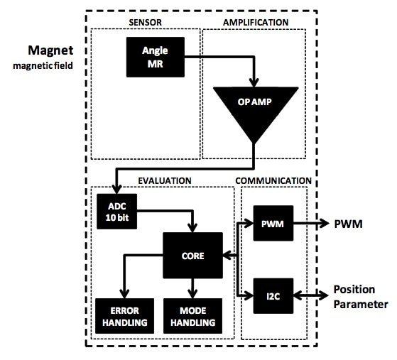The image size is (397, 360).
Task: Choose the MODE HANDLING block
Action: [192, 317]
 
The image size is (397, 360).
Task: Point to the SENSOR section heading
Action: [146, 22]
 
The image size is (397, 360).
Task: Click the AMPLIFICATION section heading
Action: [255, 22]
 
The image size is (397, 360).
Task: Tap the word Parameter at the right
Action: [361, 305]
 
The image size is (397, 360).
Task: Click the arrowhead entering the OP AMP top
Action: [253, 80]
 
